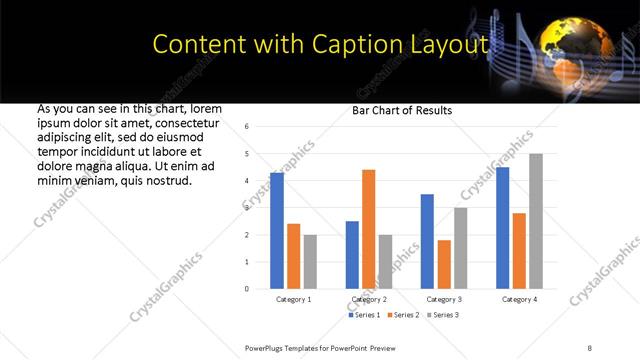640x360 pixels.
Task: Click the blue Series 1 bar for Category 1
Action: [277, 231]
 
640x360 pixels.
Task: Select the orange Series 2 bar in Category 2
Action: [368, 229]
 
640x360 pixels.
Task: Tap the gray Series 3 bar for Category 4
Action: [535, 221]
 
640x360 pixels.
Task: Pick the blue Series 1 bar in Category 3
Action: [427, 241]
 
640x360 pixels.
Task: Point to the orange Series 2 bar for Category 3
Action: [444, 264]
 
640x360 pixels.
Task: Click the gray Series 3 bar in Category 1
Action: [310, 262]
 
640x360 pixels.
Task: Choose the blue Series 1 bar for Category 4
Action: [502, 228]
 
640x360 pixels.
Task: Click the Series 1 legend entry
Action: [362, 315]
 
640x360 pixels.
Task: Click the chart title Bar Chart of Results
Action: [402, 110]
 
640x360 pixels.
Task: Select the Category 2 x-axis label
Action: [368, 299]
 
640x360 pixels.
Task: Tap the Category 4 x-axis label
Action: [519, 299]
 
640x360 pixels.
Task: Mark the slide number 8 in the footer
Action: [589, 346]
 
